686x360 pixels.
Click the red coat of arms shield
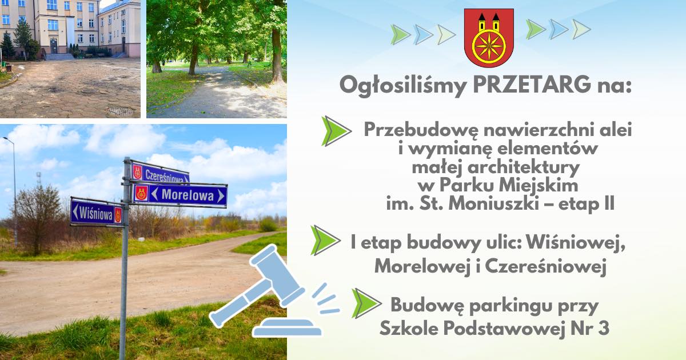[489, 37]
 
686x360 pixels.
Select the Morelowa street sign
[180, 195]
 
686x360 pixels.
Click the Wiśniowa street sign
[97, 213]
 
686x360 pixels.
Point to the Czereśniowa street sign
[160, 173]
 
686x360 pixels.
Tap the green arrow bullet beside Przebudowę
[336, 131]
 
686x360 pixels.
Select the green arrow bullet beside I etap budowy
[325, 241]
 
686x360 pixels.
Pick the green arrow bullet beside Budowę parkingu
[366, 303]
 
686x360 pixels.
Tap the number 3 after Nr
[603, 328]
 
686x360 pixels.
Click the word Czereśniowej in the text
[546, 267]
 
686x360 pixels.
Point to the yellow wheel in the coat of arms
[489, 45]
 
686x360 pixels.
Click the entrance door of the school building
[54, 46]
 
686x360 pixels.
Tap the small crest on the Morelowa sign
[141, 193]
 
